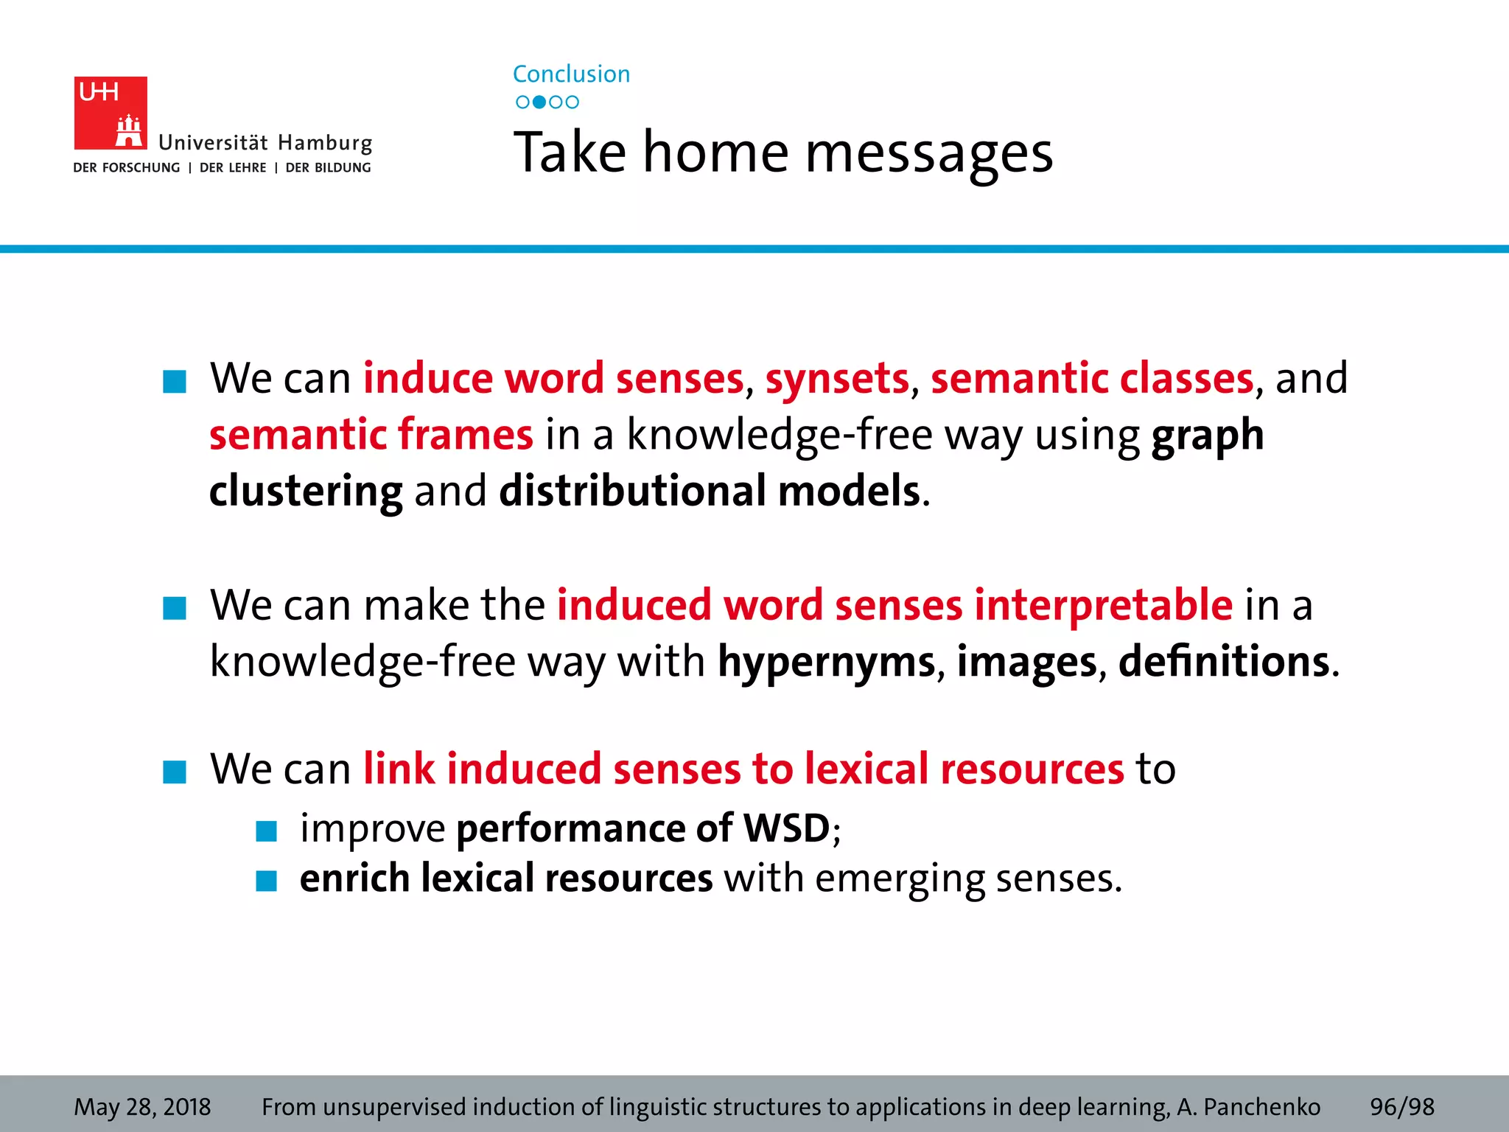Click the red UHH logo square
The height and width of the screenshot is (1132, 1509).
click(x=110, y=113)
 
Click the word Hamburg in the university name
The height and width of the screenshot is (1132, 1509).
click(x=325, y=143)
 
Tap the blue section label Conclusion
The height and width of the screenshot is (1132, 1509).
click(x=571, y=74)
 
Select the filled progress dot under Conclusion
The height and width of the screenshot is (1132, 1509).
click(x=539, y=102)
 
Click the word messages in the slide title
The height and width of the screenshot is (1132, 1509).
click(x=928, y=153)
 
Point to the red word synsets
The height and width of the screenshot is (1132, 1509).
click(x=837, y=379)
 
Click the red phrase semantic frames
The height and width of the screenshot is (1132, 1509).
click(x=371, y=434)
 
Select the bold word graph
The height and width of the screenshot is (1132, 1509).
click(x=1207, y=435)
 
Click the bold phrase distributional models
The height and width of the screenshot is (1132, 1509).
click(x=710, y=491)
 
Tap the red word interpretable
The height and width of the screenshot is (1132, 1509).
click(x=1103, y=605)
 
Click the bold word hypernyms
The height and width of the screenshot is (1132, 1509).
click(x=826, y=661)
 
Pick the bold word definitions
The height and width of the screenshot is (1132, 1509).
click(x=1224, y=661)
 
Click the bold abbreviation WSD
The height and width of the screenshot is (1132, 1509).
click(x=786, y=828)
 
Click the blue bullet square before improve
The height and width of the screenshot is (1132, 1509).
click(x=266, y=831)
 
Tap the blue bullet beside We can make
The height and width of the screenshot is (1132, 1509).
click(x=175, y=608)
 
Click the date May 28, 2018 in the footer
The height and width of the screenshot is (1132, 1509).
click(x=142, y=1107)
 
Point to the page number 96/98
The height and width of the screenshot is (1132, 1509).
click(x=1401, y=1107)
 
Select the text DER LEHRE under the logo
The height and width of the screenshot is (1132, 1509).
click(x=233, y=168)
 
